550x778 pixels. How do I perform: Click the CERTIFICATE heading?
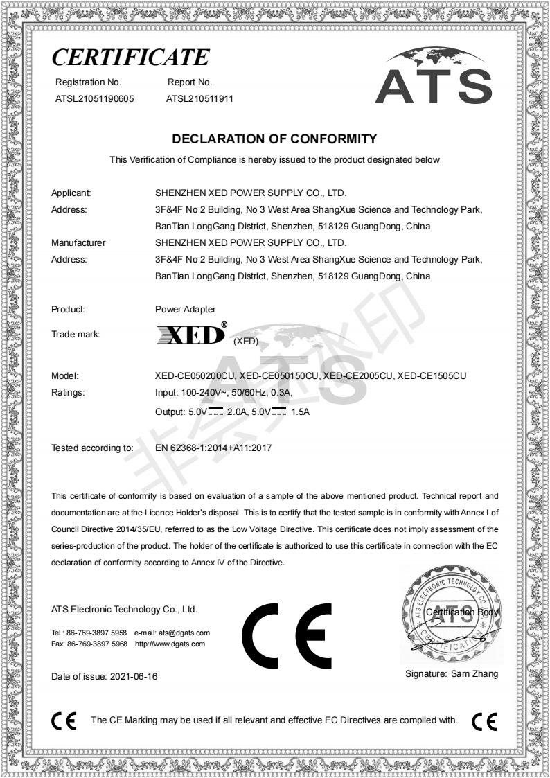point(130,56)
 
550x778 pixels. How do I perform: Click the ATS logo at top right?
point(433,78)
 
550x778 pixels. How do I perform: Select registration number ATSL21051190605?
point(94,98)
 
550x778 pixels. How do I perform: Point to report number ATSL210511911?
point(199,98)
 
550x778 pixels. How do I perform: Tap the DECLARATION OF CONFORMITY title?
point(274,139)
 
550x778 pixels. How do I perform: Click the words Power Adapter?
point(186,310)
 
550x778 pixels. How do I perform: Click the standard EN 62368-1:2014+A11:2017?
point(213,448)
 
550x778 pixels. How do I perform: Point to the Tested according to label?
point(92,448)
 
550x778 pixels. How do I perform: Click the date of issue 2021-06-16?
point(134,676)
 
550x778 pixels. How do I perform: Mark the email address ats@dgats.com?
point(184,633)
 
